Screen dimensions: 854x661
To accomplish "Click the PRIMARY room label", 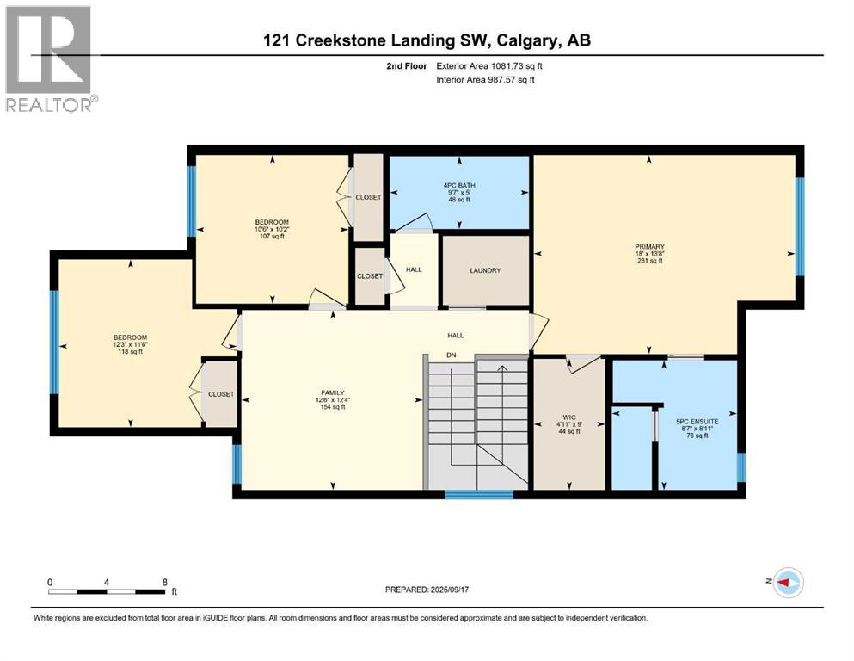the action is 650,246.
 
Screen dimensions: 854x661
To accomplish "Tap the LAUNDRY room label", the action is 485,270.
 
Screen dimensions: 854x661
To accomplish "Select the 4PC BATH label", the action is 459,185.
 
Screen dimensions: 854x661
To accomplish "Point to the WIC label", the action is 569,417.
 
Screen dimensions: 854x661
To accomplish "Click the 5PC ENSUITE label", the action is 697,421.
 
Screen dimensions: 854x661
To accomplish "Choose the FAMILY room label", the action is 332,392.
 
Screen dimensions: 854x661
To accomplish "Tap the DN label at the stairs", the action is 452,355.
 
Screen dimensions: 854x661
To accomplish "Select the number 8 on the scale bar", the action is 164,582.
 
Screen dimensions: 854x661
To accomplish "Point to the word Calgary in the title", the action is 527,40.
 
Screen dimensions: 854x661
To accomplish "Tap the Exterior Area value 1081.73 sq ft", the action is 517,66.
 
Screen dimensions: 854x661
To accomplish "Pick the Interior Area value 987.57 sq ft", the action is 508,79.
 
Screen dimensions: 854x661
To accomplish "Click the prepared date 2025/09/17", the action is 450,590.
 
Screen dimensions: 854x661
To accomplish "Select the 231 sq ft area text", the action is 650,261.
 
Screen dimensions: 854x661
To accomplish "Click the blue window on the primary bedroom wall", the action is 800,226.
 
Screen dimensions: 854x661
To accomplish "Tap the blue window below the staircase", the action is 479,495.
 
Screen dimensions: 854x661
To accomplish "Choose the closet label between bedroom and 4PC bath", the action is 368,197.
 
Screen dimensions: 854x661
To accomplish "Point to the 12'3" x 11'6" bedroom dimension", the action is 130,344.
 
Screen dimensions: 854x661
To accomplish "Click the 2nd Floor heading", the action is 406,66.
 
